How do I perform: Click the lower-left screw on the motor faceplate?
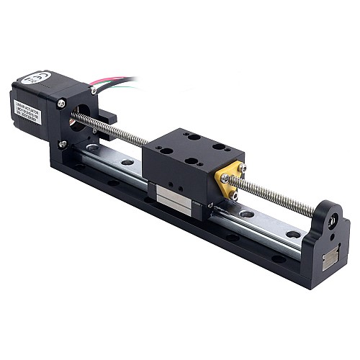click(x=63, y=144)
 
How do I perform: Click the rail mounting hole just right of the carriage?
click(x=247, y=214)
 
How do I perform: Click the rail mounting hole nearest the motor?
click(x=94, y=148)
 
